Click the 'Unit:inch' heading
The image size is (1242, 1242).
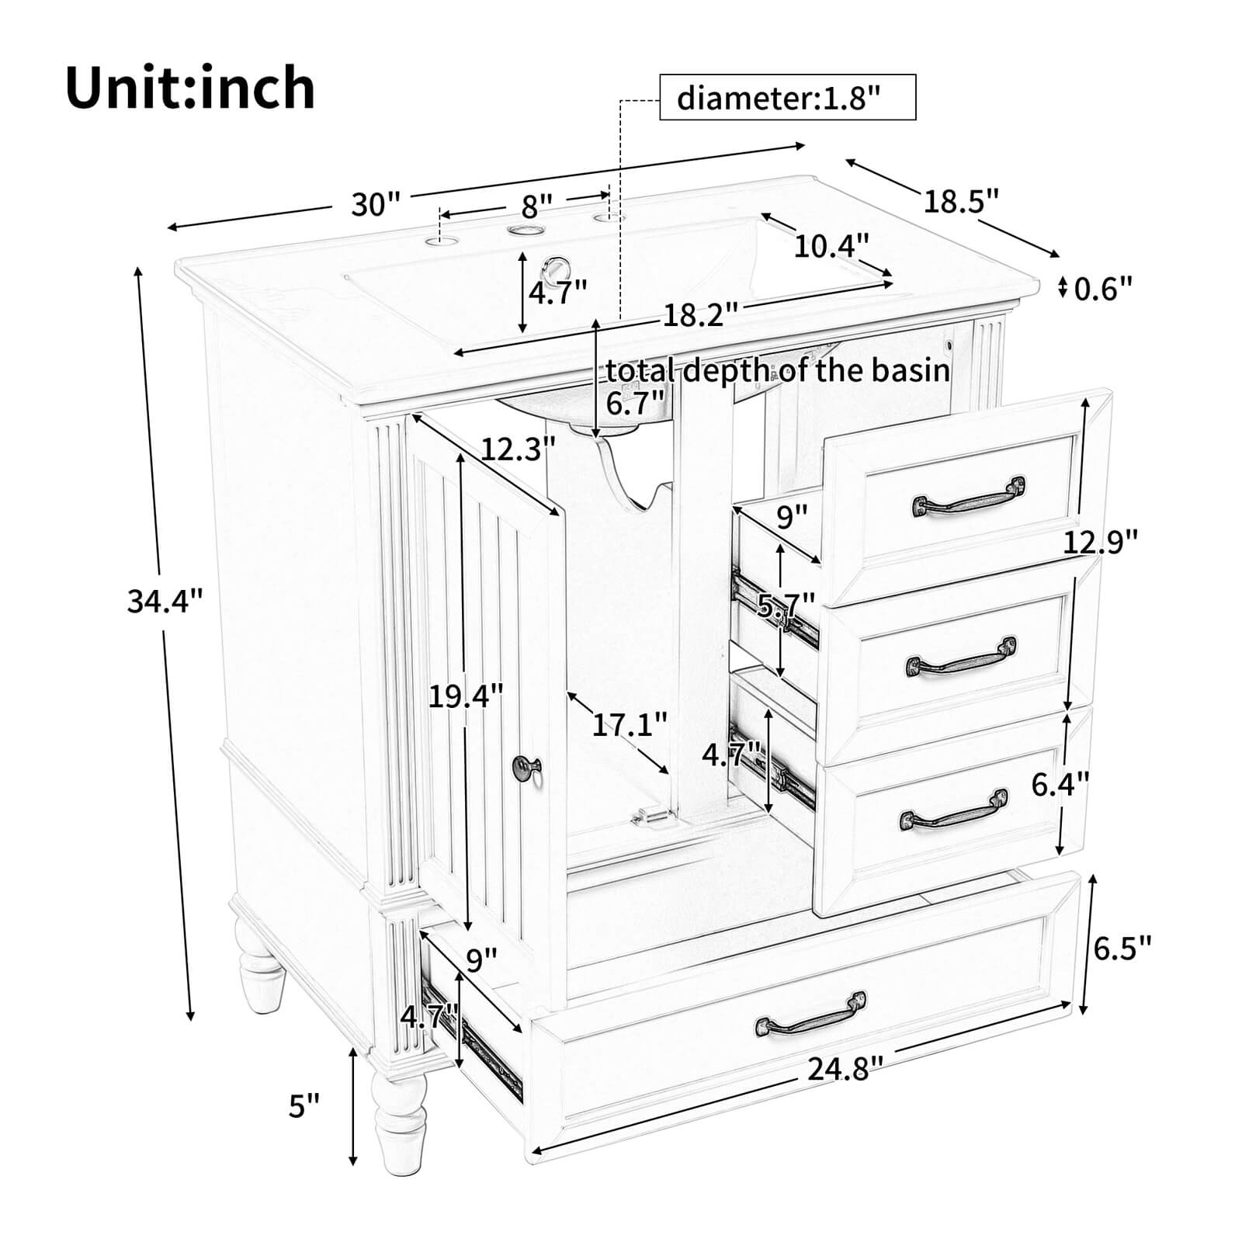[x=190, y=88]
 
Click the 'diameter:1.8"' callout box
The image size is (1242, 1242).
[x=787, y=98]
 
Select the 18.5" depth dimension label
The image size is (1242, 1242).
[x=959, y=202]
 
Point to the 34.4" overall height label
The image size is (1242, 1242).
[x=165, y=600]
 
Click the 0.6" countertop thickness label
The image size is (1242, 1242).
[x=1103, y=289]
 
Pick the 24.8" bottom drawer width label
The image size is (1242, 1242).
[x=845, y=1070]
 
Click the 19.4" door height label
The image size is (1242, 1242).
[x=466, y=696]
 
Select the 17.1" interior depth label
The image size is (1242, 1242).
[x=629, y=725]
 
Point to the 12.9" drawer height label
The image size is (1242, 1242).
[x=1100, y=541]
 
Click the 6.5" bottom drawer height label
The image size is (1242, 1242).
[x=1122, y=947]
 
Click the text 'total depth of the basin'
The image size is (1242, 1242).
[x=778, y=370]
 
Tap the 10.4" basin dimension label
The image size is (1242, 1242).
[x=830, y=247]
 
